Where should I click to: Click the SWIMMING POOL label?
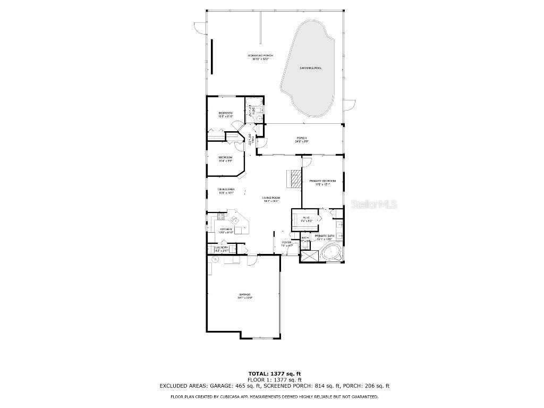pos(310,68)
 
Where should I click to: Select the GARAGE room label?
pos(244,294)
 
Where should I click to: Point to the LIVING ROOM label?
pos(271,198)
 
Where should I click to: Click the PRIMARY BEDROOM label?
pos(322,181)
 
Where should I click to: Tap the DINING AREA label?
pos(226,190)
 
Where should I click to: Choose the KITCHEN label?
pos(227,229)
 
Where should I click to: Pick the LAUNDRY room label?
pos(222,247)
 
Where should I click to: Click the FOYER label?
pos(286,242)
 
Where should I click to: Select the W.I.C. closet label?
pos(307,217)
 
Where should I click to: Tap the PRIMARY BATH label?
pos(324,235)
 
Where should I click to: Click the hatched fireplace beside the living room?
pos(293,178)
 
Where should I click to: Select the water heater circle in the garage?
pos(215,259)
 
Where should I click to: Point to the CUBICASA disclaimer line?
pos(274,397)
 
